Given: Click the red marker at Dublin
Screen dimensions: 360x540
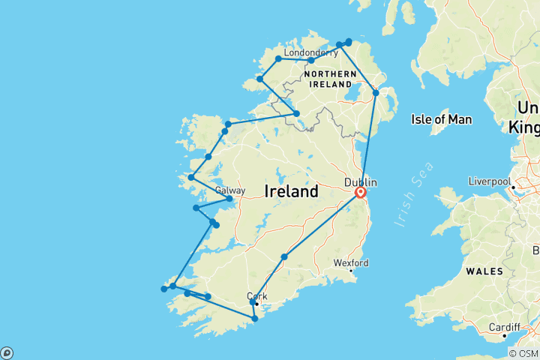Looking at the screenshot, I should pyautogui.click(x=361, y=193).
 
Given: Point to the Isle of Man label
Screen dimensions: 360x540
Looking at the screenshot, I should pyautogui.click(x=440, y=118).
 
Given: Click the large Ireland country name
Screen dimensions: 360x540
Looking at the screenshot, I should pyautogui.click(x=291, y=192).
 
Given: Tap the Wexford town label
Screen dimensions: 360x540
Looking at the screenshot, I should pyautogui.click(x=351, y=262).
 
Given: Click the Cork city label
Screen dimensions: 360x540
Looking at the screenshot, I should pyautogui.click(x=256, y=295).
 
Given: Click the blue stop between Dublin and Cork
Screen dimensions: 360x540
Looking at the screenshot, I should pyautogui.click(x=284, y=257).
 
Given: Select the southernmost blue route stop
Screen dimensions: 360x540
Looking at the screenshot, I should pyautogui.click(x=255, y=319).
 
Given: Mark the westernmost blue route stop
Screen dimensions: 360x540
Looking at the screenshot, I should pyautogui.click(x=163, y=289).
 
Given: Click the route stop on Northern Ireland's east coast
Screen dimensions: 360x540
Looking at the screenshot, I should pyautogui.click(x=376, y=93).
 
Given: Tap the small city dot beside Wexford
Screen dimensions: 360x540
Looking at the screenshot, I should pyautogui.click(x=351, y=271).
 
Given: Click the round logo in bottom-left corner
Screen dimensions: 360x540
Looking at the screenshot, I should pyautogui.click(x=6, y=352).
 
